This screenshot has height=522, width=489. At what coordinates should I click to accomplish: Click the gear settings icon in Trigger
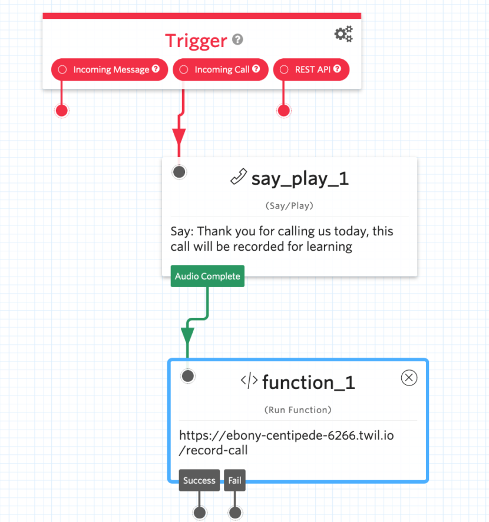(343, 34)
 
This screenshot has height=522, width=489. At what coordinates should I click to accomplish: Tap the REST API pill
(312, 69)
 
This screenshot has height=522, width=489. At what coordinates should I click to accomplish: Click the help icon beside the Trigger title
(237, 40)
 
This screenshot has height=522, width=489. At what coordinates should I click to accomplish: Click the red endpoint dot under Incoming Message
(61, 110)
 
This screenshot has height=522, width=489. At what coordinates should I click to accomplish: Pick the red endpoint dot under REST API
(283, 110)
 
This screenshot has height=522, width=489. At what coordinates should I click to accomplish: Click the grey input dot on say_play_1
(179, 172)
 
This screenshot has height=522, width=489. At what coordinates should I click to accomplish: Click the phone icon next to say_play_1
(238, 177)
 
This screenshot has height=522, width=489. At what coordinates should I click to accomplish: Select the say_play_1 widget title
(300, 178)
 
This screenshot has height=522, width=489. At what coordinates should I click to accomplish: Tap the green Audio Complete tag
(207, 276)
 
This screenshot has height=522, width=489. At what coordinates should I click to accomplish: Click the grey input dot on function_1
(187, 375)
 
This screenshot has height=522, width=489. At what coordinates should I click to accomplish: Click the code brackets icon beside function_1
(249, 381)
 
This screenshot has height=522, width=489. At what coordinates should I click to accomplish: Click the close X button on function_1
(409, 378)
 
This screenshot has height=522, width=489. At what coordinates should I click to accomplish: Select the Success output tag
(199, 480)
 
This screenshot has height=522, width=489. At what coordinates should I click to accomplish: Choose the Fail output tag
(234, 480)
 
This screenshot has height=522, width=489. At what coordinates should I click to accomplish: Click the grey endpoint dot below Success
(200, 513)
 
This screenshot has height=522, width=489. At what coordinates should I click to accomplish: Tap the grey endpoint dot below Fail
(235, 513)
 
